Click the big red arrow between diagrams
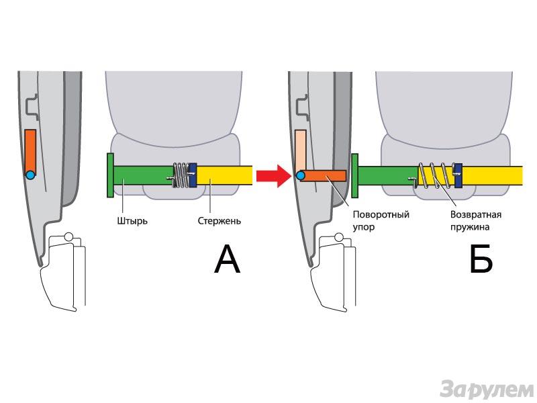[273, 176]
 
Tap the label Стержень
[219, 220]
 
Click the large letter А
[227, 261]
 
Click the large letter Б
[481, 261]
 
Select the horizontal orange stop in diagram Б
[326, 176]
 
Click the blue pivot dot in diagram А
[30, 175]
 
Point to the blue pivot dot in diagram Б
[300, 176]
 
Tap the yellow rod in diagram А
[225, 176]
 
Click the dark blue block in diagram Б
[458, 176]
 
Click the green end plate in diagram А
[109, 175]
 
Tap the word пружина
[471, 227]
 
